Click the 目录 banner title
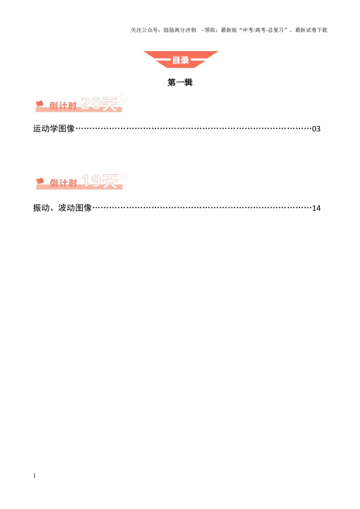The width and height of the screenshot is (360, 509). [180, 60]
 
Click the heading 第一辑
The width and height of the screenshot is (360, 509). [180, 82]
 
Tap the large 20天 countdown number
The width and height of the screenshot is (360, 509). [99, 104]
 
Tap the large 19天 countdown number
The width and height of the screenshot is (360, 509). [100, 181]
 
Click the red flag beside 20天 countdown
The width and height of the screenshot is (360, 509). [40, 104]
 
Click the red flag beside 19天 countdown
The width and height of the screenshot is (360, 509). [40, 181]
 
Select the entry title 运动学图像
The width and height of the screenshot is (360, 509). [54, 129]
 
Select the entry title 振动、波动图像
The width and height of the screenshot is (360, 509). [63, 208]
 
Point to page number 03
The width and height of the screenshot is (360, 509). [316, 129]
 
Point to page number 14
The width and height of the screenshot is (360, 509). [316, 208]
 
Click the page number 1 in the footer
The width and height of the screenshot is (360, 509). [35, 476]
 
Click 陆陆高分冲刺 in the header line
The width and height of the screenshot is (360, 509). [180, 30]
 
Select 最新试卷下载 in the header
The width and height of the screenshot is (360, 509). [311, 30]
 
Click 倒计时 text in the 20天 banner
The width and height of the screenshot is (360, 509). [63, 106]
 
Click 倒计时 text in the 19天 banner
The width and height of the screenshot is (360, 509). [63, 183]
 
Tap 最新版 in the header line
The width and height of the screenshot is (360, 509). [229, 30]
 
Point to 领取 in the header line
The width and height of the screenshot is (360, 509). [210, 30]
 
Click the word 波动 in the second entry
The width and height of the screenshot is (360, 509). [67, 208]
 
